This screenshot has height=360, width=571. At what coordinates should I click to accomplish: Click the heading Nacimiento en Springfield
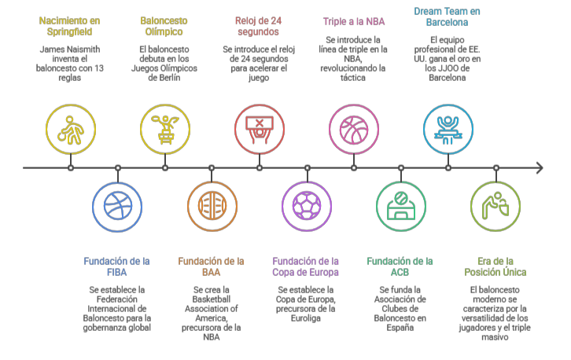pos(70,26)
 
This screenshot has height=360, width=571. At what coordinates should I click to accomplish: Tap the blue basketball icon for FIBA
pos(117,207)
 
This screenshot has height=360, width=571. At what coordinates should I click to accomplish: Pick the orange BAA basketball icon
pos(212,207)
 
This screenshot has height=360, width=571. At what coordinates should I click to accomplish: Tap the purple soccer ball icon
pos(306,207)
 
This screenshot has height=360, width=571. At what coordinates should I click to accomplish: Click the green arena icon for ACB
pos(400,207)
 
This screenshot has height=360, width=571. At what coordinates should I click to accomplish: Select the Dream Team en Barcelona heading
pos(448,17)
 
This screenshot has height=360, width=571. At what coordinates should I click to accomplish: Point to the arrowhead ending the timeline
pos(539,167)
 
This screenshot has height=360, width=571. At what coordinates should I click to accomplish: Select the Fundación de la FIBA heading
pos(117,266)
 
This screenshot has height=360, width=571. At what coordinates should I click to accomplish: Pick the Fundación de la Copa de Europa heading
pos(306,266)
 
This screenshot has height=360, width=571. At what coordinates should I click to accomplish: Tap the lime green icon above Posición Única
pos(495,207)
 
